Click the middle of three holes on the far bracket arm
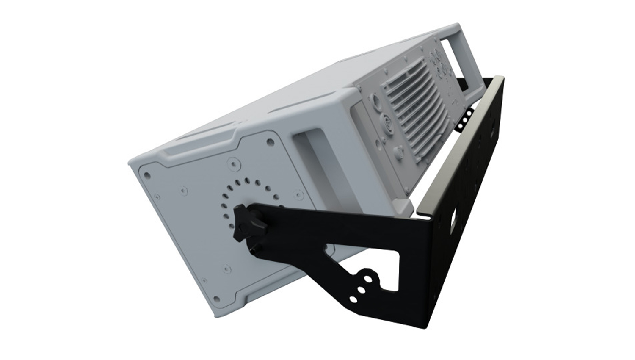(465, 120)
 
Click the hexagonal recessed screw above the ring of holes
(232, 163)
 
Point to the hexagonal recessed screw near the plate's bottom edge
(227, 268)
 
